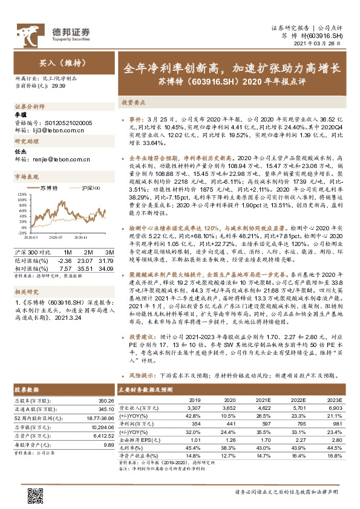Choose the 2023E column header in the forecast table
coord(335,400)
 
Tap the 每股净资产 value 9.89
coord(109,444)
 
